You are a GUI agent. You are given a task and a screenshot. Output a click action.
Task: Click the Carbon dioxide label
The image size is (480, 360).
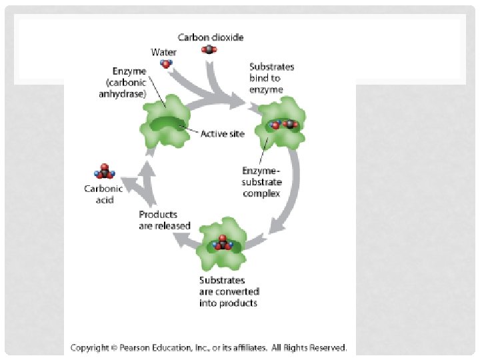click(211, 37)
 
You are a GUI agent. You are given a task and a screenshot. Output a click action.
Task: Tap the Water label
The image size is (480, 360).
click(163, 51)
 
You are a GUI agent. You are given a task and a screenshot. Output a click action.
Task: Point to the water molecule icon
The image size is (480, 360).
click(166, 64)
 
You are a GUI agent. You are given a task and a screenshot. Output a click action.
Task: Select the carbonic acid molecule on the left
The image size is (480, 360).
click(105, 172)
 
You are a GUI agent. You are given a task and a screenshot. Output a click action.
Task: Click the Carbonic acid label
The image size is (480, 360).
click(103, 195)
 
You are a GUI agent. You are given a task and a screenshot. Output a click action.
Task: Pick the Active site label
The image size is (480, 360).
click(223, 133)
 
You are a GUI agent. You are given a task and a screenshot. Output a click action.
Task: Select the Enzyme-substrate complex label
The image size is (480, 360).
click(262, 182)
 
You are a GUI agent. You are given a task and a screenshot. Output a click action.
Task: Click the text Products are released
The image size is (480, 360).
click(165, 220)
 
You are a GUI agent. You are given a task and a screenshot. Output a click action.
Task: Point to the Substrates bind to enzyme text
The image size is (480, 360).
click(271, 78)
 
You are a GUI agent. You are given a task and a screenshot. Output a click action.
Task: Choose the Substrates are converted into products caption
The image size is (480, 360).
click(229, 292)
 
